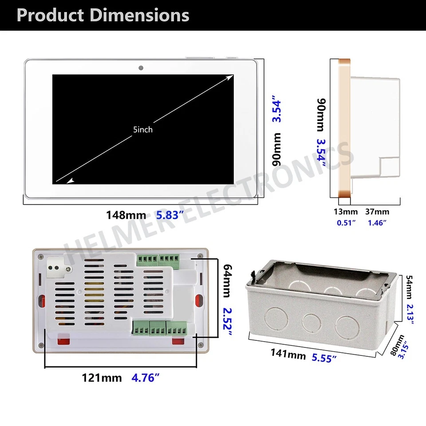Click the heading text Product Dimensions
[x=103, y=15]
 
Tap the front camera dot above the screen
[x=141, y=68]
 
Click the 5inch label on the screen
[x=142, y=130]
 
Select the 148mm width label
[x=126, y=215]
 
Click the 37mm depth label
[x=377, y=212]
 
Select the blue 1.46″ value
[x=377, y=222]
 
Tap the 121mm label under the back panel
[x=101, y=378]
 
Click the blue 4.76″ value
[x=146, y=378]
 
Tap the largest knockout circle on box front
[x=346, y=327]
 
